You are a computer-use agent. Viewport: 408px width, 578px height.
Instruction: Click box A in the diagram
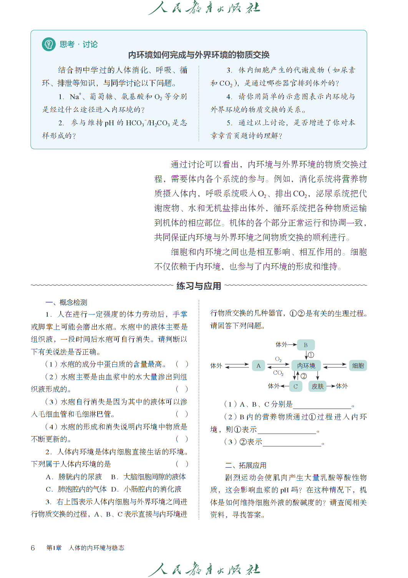pyautogui.click(x=259, y=365)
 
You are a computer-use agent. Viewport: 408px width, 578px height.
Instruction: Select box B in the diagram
pyautogui.click(x=306, y=345)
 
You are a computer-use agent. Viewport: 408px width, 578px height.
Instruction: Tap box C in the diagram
pyautogui.click(x=295, y=386)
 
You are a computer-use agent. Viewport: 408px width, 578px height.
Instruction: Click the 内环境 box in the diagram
pyautogui.click(x=306, y=365)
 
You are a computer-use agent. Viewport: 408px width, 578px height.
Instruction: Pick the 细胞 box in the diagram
pyautogui.click(x=358, y=365)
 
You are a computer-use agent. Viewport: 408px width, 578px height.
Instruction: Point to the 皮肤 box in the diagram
pyautogui.click(x=317, y=386)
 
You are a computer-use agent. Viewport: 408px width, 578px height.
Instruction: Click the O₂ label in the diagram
pyautogui.click(x=279, y=359)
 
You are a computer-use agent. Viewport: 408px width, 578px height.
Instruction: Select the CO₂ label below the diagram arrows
pyautogui.click(x=278, y=373)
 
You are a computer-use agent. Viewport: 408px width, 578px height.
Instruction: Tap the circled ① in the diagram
pyautogui.click(x=311, y=355)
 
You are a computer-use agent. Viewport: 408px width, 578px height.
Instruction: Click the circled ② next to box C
pyautogui.click(x=304, y=376)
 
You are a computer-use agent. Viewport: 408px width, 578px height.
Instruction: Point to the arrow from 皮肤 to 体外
pyautogui.click(x=331, y=386)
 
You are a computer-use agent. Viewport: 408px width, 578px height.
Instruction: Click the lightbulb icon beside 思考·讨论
pyautogui.click(x=49, y=44)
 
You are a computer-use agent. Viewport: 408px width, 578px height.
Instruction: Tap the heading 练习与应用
pyautogui.click(x=199, y=286)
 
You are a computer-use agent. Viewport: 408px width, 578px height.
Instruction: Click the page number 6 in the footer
pyautogui.click(x=33, y=548)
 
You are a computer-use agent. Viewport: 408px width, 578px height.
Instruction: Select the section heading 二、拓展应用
pyautogui.click(x=245, y=465)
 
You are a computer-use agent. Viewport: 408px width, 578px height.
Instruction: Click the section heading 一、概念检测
pyautogui.click(x=66, y=302)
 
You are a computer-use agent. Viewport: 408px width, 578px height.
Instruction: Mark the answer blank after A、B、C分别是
pyautogui.click(x=322, y=405)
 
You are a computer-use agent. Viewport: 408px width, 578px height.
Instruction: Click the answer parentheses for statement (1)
pyautogui.click(x=182, y=364)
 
